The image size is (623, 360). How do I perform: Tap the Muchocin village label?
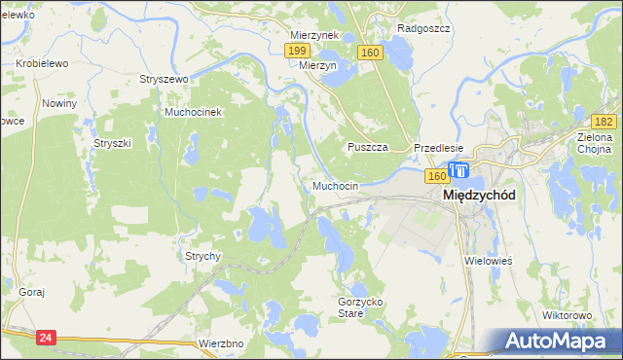(336, 185)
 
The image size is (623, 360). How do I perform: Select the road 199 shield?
(299, 50)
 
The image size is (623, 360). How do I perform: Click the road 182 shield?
(604, 121)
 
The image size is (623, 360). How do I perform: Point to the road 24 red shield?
(45, 337)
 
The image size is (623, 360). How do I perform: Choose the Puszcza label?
(369, 147)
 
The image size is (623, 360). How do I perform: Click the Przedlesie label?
(438, 148)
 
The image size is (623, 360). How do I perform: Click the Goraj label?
(32, 292)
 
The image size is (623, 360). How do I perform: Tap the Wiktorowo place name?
(568, 316)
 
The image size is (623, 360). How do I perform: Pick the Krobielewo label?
(42, 63)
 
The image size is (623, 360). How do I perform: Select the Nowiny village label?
(59, 102)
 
